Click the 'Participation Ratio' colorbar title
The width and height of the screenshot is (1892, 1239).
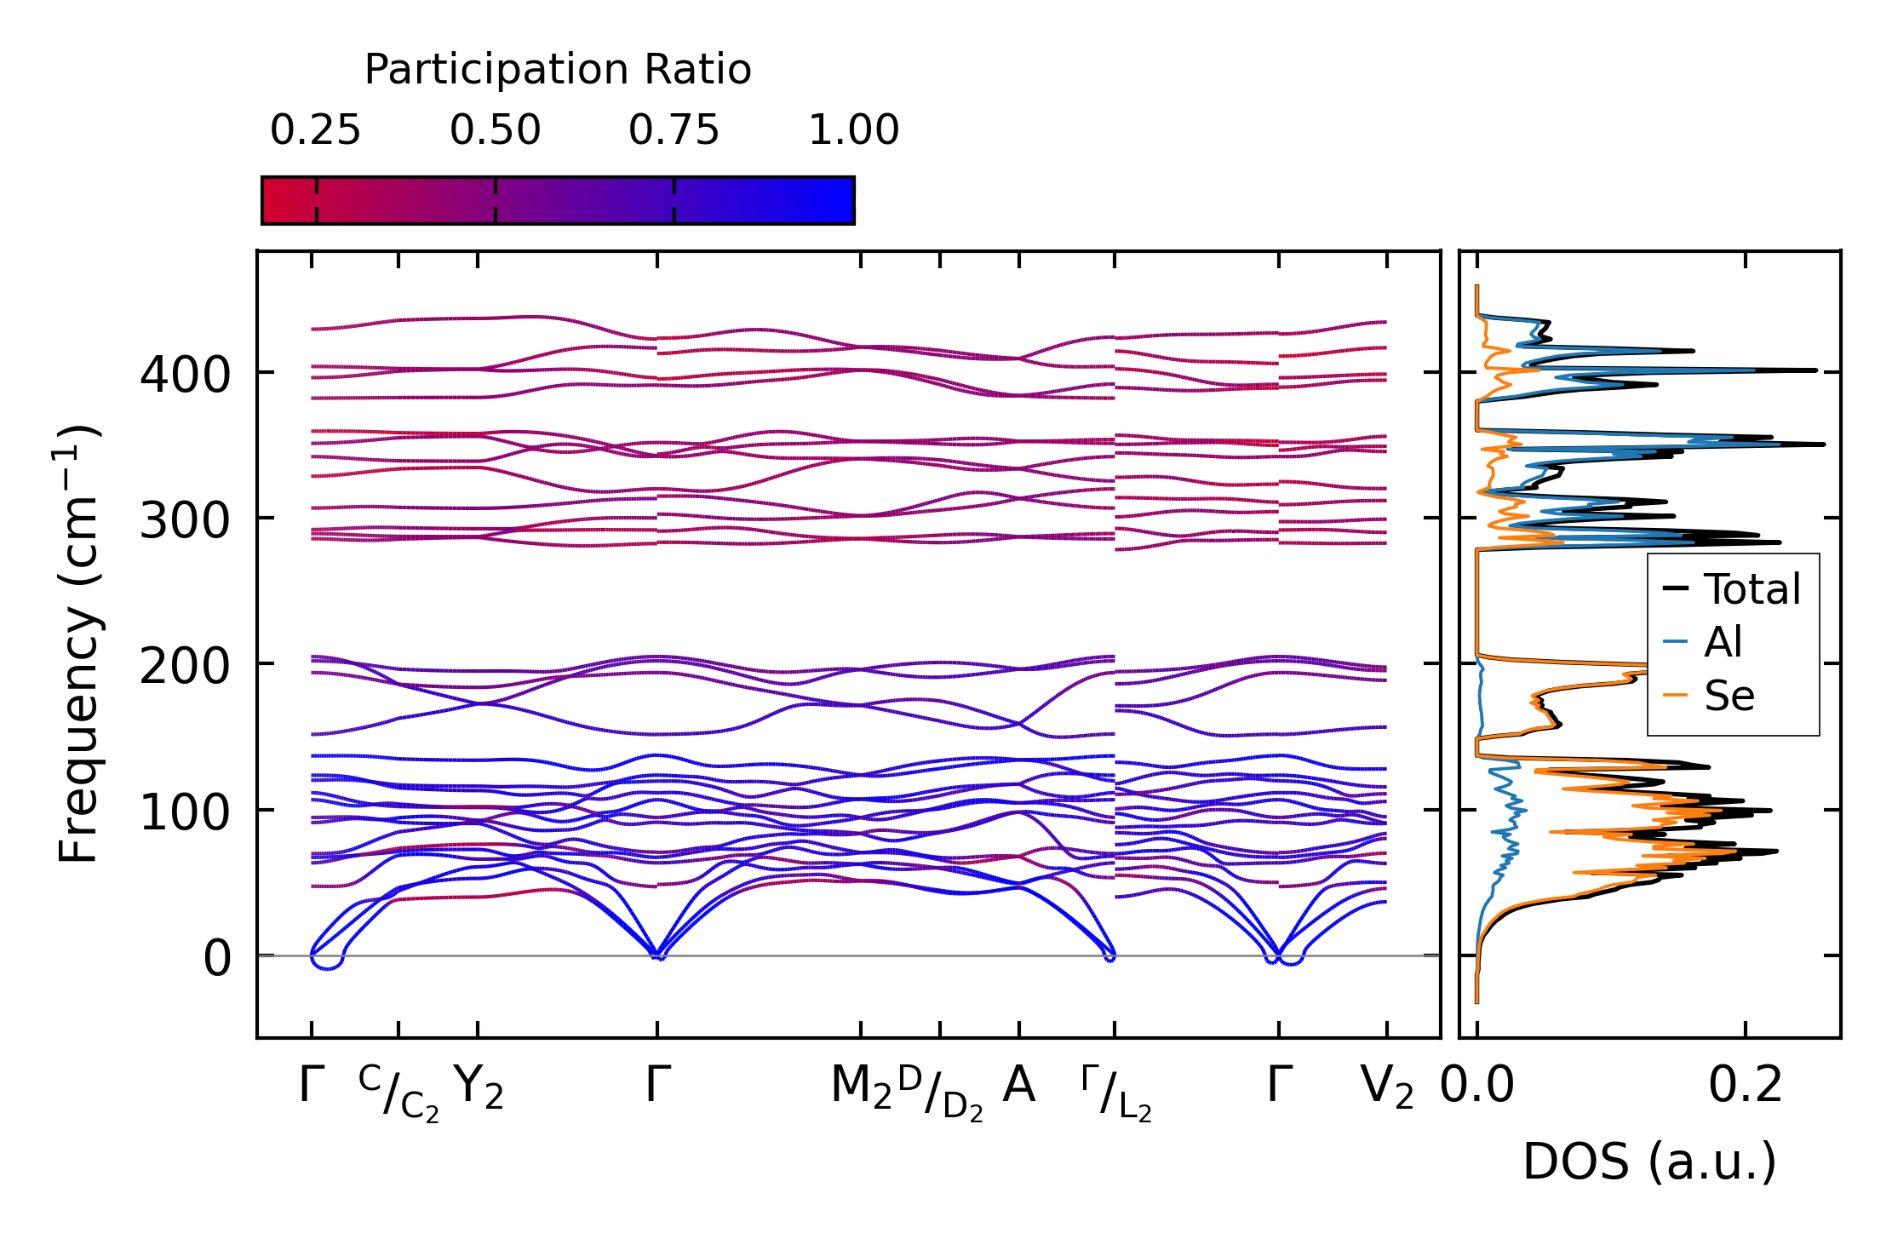(x=558, y=70)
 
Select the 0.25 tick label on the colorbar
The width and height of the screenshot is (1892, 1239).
(x=315, y=131)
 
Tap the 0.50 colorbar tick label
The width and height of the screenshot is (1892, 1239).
(x=495, y=131)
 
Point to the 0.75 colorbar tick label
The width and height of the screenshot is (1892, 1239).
(x=674, y=131)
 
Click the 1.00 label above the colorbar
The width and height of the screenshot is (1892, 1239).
(x=853, y=131)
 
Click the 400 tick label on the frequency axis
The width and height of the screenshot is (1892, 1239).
(x=185, y=375)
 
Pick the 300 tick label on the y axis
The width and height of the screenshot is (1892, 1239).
(x=185, y=520)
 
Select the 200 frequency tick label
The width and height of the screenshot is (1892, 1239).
(x=185, y=667)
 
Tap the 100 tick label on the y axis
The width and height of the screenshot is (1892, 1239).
(x=185, y=812)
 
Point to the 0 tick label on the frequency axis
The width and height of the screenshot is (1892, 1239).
(x=217, y=959)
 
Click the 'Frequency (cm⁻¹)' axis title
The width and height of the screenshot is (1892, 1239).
(x=78, y=644)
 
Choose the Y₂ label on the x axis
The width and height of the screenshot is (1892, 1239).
(x=478, y=1087)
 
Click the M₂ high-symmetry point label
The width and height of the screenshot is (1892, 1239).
(x=861, y=1087)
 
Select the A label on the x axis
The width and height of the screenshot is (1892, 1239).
(x=1019, y=1086)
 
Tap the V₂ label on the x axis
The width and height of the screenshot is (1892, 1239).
(x=1387, y=1087)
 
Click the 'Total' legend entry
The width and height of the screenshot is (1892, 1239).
(x=1752, y=589)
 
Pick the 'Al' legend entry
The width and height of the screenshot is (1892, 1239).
(x=1723, y=642)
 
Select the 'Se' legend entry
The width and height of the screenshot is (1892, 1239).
(x=1729, y=696)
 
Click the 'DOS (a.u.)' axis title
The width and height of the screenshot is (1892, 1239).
(x=1649, y=1162)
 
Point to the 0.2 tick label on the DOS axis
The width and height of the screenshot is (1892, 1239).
(x=1745, y=1086)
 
